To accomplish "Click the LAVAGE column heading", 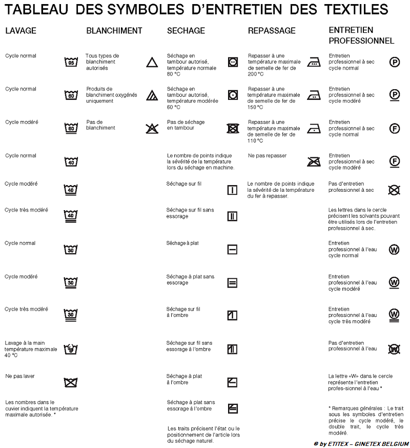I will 20,31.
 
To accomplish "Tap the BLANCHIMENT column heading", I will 114,31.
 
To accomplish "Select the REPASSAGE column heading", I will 272,31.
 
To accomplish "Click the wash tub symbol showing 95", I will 71,62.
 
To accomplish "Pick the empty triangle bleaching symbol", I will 151,62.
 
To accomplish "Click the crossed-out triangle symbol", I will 152,128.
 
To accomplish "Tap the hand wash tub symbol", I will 71,349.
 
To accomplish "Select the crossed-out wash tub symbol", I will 71,382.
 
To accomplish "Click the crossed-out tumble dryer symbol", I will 233,128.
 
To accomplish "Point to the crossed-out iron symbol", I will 314,162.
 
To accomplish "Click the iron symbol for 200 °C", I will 314,62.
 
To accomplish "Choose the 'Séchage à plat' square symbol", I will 232,250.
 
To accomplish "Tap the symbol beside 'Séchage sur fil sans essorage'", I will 232,216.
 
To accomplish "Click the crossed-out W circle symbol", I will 394,349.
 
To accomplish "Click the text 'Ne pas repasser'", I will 267,156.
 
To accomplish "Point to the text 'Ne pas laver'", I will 20,376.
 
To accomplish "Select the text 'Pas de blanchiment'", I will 101,125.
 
